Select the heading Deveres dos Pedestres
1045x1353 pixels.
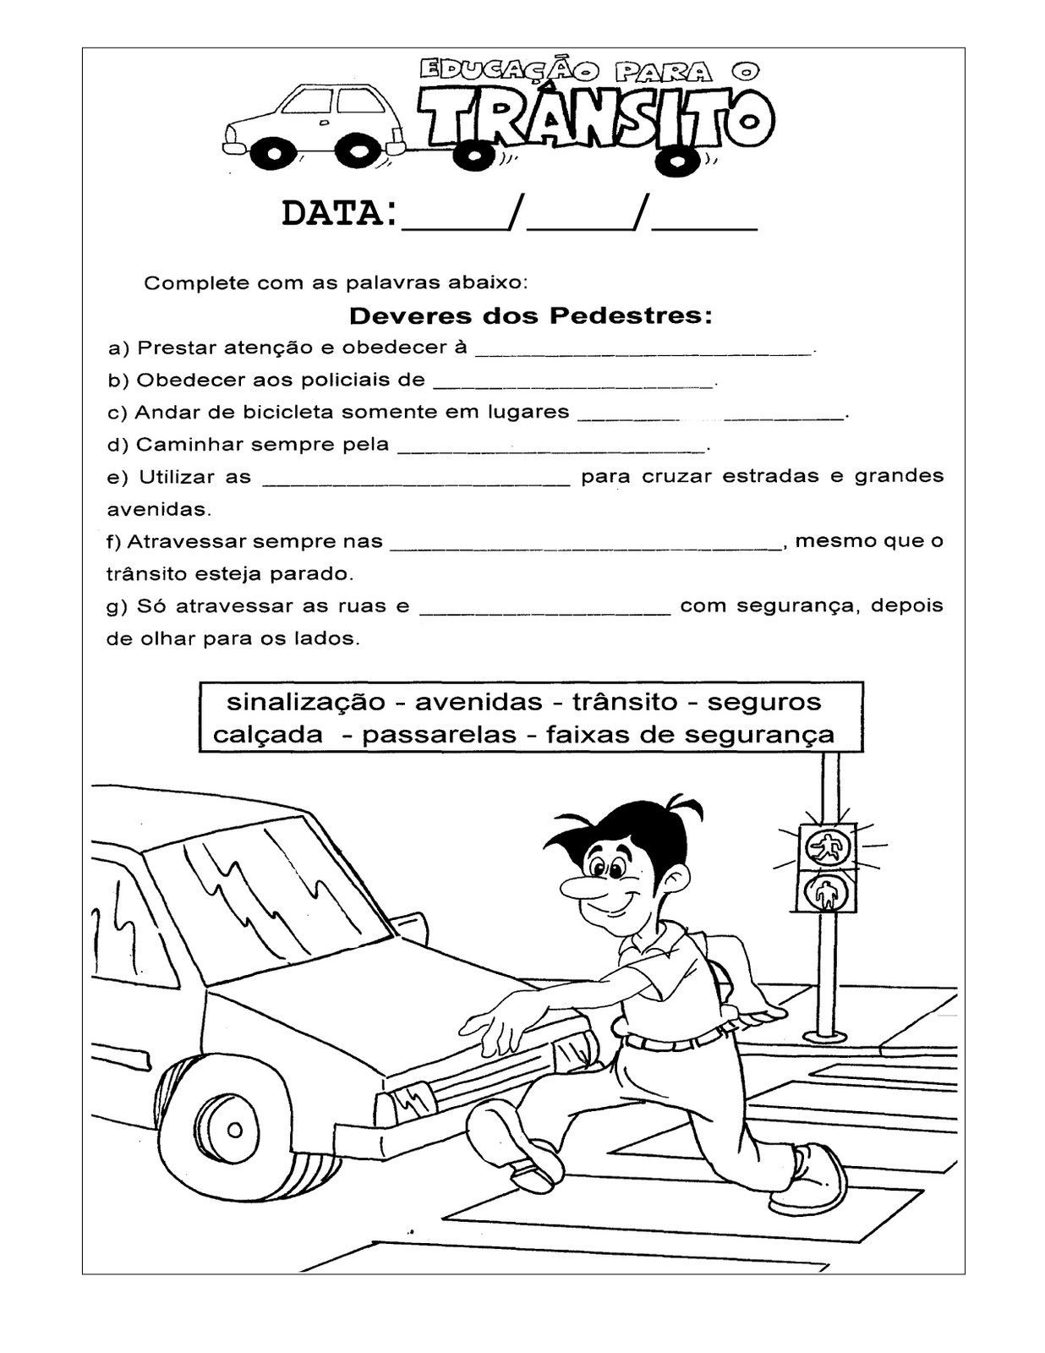coord(531,317)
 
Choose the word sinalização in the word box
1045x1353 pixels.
coord(306,702)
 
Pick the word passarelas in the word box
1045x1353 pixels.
coord(439,735)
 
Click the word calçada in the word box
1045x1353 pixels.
coord(267,735)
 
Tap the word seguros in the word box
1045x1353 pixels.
coord(763,702)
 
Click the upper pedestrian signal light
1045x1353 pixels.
coord(827,846)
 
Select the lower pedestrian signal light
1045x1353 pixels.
coord(827,891)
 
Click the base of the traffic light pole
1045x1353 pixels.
coord(825,1033)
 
